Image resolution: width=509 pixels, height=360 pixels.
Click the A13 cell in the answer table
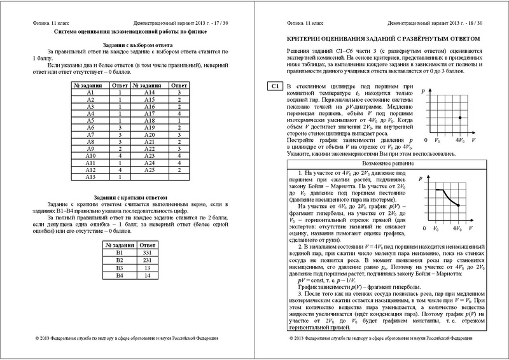(x=90, y=178)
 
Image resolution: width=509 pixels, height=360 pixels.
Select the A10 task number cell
(x=90, y=155)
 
